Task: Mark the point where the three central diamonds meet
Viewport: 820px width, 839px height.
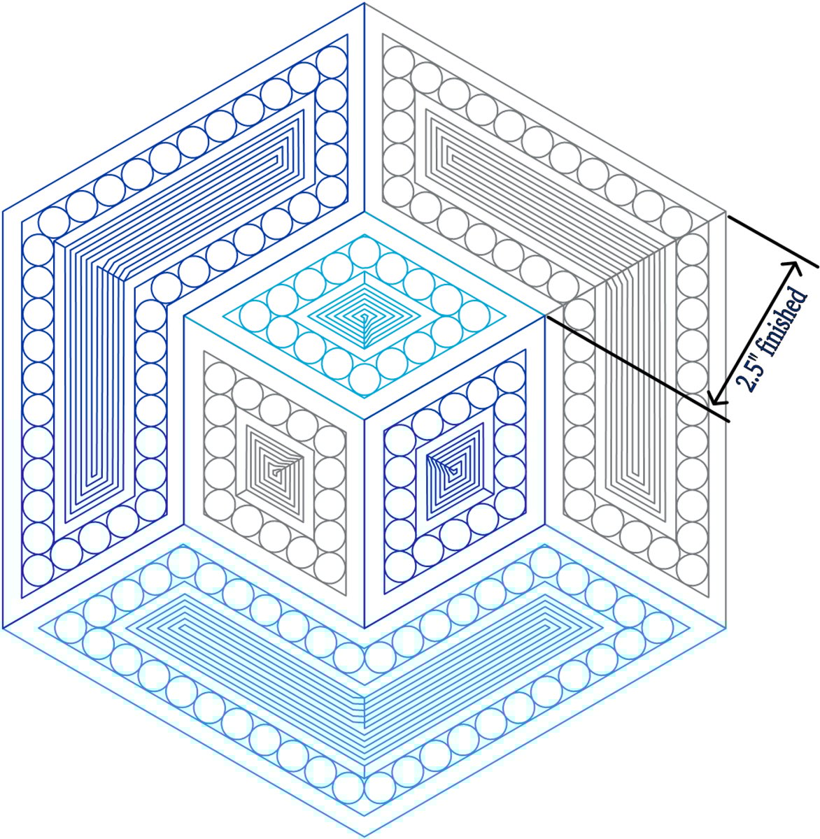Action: [365, 418]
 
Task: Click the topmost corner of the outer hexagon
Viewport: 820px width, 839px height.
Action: [365, 3]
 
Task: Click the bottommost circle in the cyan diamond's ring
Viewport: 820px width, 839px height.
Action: [365, 378]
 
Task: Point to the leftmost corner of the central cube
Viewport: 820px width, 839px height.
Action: [184, 317]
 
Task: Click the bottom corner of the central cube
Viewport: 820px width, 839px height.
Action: [365, 628]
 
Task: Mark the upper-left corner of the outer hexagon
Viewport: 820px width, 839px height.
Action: [3, 211]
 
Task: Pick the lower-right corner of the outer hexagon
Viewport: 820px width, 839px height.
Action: [726, 628]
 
